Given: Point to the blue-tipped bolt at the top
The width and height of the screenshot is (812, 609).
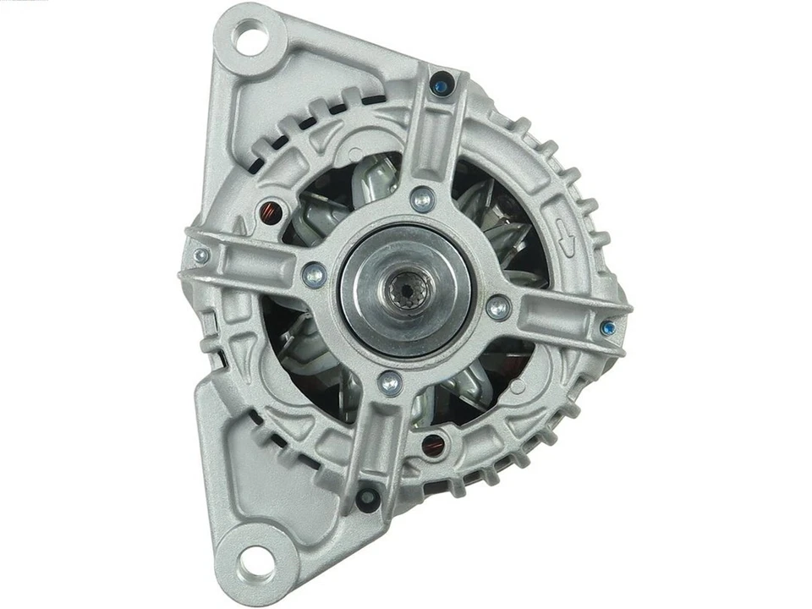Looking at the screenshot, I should [x=439, y=84].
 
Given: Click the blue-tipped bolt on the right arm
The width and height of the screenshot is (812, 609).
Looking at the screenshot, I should [x=606, y=327].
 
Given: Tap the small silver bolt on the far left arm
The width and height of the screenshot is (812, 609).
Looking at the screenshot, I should [x=200, y=255].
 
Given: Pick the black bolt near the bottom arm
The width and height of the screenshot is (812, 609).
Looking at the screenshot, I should [x=367, y=497].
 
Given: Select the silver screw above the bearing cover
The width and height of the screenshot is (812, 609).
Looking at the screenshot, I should [x=422, y=200].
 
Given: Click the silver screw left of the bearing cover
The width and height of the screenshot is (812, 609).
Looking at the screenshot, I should [x=314, y=274].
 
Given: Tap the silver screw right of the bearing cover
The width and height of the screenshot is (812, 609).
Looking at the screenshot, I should [x=498, y=308].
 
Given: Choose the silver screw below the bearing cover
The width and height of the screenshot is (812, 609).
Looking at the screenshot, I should [x=390, y=383].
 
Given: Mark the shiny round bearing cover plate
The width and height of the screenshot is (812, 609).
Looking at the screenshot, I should [x=405, y=291].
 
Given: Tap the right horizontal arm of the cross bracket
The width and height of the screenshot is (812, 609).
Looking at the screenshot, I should [x=558, y=316].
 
